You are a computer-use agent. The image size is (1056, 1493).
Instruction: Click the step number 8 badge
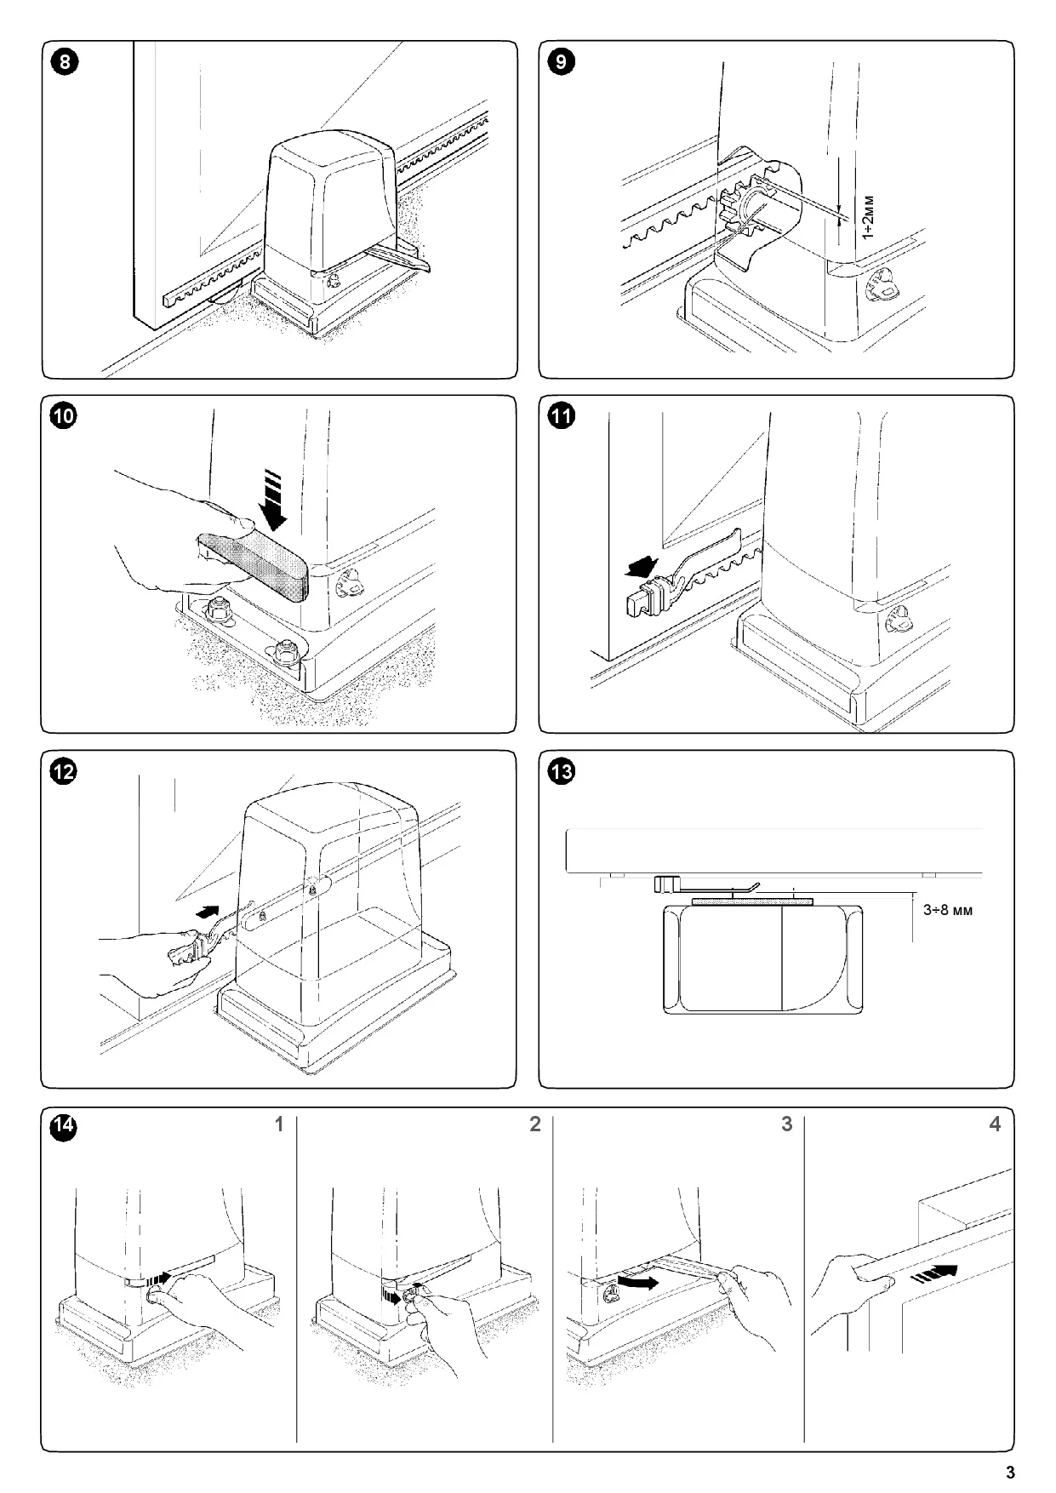(x=64, y=62)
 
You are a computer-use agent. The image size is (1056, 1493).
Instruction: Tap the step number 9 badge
(x=562, y=62)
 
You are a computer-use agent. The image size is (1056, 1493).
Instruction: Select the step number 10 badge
(x=64, y=416)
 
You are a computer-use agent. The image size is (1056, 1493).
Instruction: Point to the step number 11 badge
(x=562, y=416)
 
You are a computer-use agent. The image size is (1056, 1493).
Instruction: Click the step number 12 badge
(x=64, y=772)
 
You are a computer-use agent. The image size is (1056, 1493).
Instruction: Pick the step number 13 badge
(x=562, y=772)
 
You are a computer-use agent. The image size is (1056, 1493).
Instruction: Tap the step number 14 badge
(x=64, y=1127)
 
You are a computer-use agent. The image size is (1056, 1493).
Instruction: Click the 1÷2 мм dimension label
(x=867, y=217)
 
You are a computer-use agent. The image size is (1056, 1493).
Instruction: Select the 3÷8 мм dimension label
(x=947, y=910)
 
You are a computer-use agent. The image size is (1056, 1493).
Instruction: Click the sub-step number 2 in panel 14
(x=534, y=1124)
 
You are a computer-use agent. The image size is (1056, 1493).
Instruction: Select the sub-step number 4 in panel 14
(x=995, y=1124)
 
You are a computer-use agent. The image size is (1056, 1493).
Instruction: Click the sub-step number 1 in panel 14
(x=278, y=1124)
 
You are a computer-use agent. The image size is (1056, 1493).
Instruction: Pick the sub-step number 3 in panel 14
(x=786, y=1124)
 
